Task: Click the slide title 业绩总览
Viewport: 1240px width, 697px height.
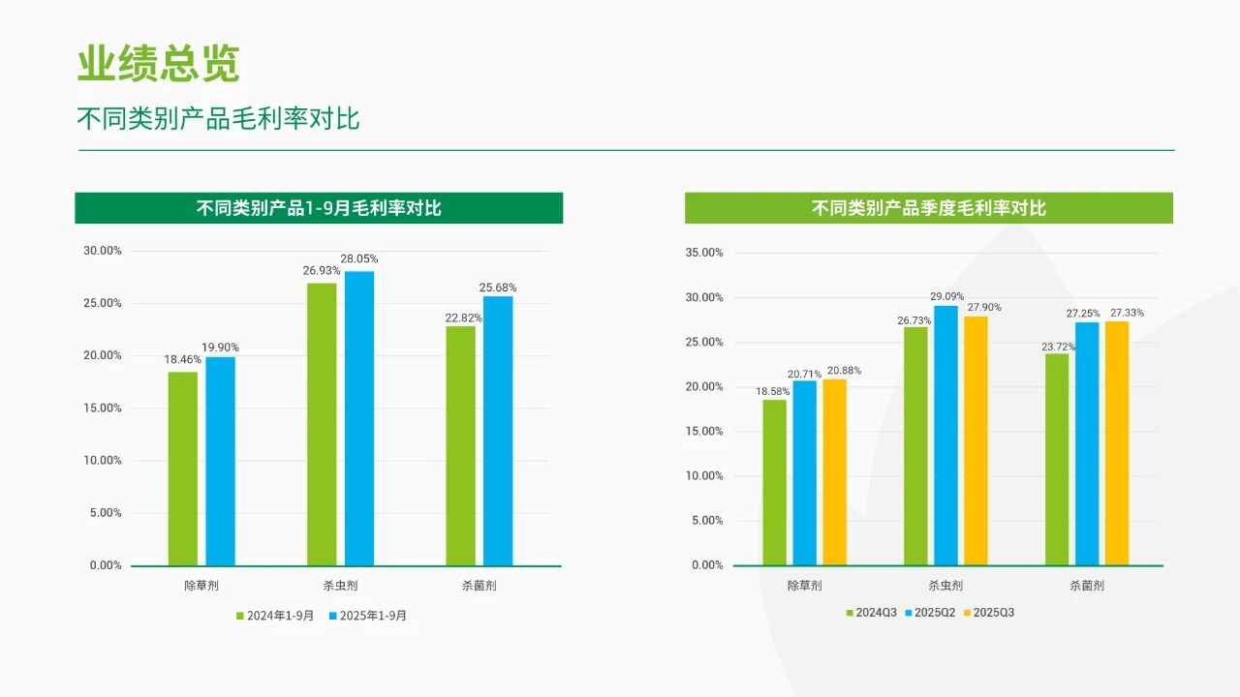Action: (x=158, y=64)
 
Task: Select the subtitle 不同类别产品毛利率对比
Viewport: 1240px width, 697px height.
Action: (x=218, y=119)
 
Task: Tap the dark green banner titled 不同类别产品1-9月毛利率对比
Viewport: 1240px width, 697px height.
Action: (x=319, y=208)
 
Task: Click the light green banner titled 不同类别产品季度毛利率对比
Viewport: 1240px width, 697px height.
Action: (x=928, y=208)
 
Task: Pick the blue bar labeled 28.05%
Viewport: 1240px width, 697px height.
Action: (x=359, y=418)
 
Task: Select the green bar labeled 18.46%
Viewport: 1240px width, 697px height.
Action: (x=182, y=469)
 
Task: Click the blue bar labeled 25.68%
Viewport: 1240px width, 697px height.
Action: (x=498, y=431)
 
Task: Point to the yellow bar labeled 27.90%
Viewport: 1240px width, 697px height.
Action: (x=976, y=440)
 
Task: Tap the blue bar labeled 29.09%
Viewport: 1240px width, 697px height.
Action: (x=945, y=435)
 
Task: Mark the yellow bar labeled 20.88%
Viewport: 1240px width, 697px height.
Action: (x=834, y=471)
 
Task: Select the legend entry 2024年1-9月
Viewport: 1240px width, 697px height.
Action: (x=274, y=616)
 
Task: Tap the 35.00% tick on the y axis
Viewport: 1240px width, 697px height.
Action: (x=705, y=253)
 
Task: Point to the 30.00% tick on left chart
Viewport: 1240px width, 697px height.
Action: (x=103, y=251)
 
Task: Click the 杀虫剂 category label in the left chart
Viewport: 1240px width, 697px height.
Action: (x=340, y=586)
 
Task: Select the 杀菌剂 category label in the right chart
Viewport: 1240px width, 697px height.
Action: (x=1087, y=586)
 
